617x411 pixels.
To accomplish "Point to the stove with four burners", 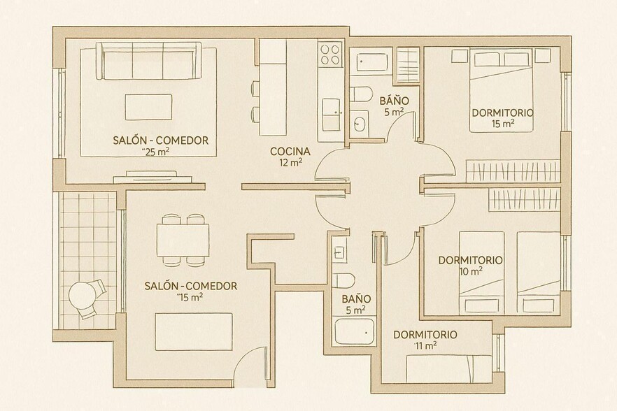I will [x=329, y=54].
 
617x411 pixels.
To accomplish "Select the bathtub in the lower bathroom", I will [x=355, y=331].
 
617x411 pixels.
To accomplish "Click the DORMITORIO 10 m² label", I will [x=470, y=260].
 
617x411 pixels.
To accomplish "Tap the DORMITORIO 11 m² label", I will [x=425, y=335].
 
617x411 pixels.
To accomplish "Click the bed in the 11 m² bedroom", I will [x=448, y=366].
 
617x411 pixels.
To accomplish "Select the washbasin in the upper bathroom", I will [x=360, y=124].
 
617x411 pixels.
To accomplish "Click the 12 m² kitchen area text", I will [x=290, y=163].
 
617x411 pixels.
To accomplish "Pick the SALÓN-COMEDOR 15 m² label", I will [x=190, y=286].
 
